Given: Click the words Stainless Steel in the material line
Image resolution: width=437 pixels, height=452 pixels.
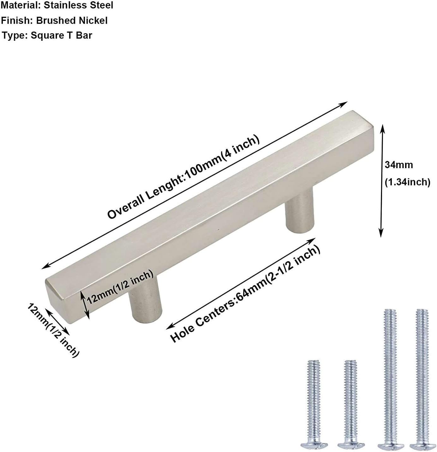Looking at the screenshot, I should point(78,5).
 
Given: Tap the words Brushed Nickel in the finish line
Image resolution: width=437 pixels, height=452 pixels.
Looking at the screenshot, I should point(72,21).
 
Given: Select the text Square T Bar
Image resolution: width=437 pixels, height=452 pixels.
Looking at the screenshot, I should point(61,35).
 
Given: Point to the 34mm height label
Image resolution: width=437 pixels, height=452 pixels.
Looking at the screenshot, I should point(399,165).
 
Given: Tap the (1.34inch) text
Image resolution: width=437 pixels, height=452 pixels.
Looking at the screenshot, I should point(407,182).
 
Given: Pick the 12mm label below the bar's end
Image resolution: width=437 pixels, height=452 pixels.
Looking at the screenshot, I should point(53,330).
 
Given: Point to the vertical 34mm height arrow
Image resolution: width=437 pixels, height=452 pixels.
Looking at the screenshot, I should point(381,180).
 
